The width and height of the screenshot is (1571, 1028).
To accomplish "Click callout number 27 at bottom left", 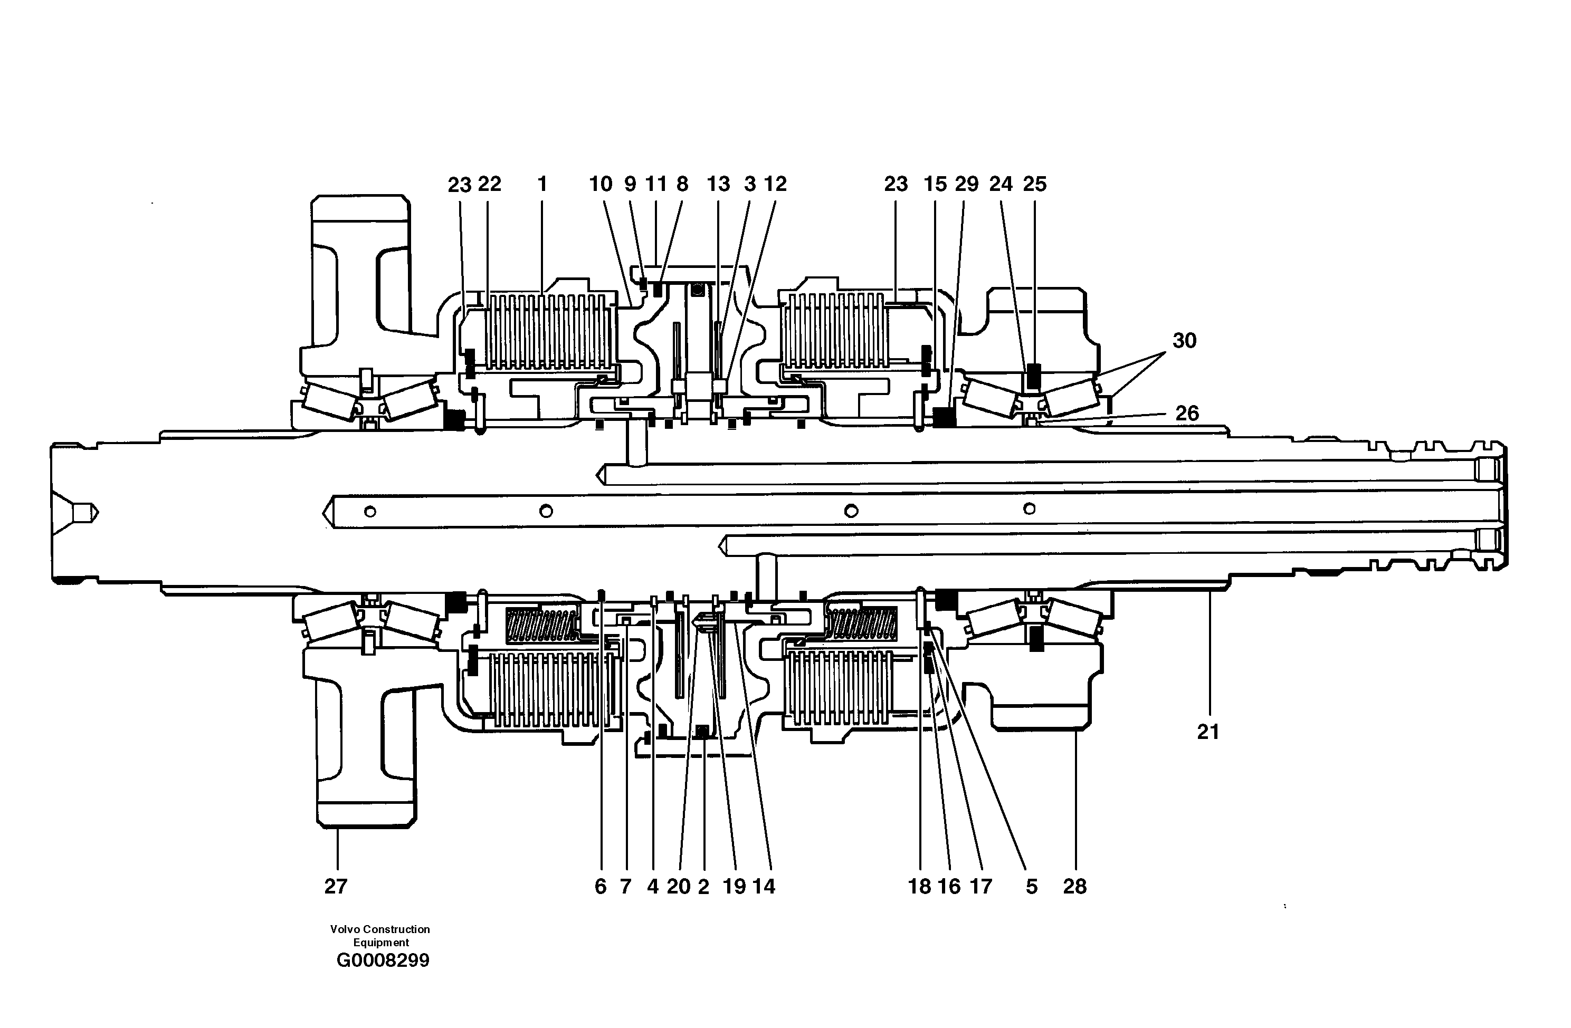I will point(335,886).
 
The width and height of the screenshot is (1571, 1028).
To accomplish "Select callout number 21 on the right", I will point(1208,732).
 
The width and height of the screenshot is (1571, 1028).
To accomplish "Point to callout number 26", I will point(1187,413).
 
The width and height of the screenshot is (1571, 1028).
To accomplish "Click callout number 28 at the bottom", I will point(1074,886).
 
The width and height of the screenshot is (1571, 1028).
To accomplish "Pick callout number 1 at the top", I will point(542,184).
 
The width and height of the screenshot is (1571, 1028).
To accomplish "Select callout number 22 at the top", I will point(490,184).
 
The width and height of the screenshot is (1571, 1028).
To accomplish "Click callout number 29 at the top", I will point(966,184).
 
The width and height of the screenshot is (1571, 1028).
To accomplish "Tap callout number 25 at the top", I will point(1034,184).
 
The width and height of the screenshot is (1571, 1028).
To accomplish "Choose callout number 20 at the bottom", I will point(678,886).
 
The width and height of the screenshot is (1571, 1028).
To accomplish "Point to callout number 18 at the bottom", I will point(919,886).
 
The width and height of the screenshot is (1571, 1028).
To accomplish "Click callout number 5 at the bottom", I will point(1031,886).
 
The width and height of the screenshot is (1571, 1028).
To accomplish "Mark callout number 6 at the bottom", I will point(600,886).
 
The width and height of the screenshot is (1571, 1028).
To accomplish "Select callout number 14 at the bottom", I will point(764,886).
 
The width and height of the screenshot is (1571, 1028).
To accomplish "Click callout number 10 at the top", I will point(601,184).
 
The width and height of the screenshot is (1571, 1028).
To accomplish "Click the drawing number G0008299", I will point(383,960).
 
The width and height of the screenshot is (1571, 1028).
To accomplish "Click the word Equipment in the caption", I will point(381,942).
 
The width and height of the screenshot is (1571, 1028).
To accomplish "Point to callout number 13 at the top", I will point(718,184).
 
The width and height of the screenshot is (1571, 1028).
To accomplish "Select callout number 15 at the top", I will point(935,184).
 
